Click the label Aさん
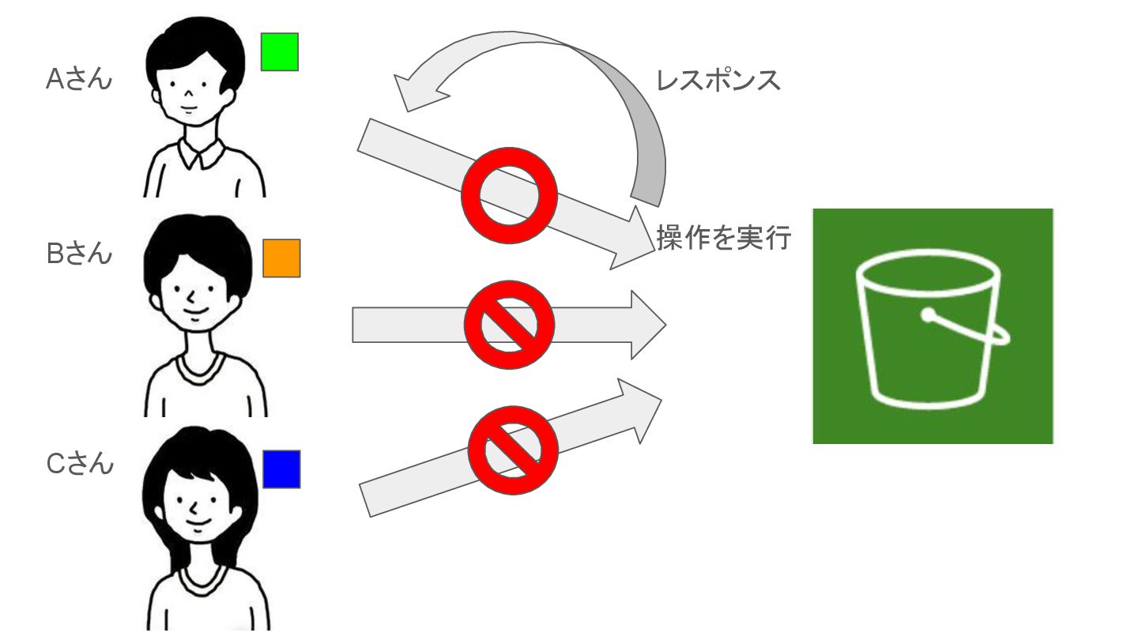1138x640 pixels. point(79,80)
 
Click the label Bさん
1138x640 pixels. point(79,254)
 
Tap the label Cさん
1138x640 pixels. point(80,464)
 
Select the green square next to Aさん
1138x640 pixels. point(280,52)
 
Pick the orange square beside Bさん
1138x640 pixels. point(281,258)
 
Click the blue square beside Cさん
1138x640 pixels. point(281,469)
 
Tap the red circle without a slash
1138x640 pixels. point(510,194)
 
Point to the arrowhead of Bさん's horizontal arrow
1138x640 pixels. point(646,325)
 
